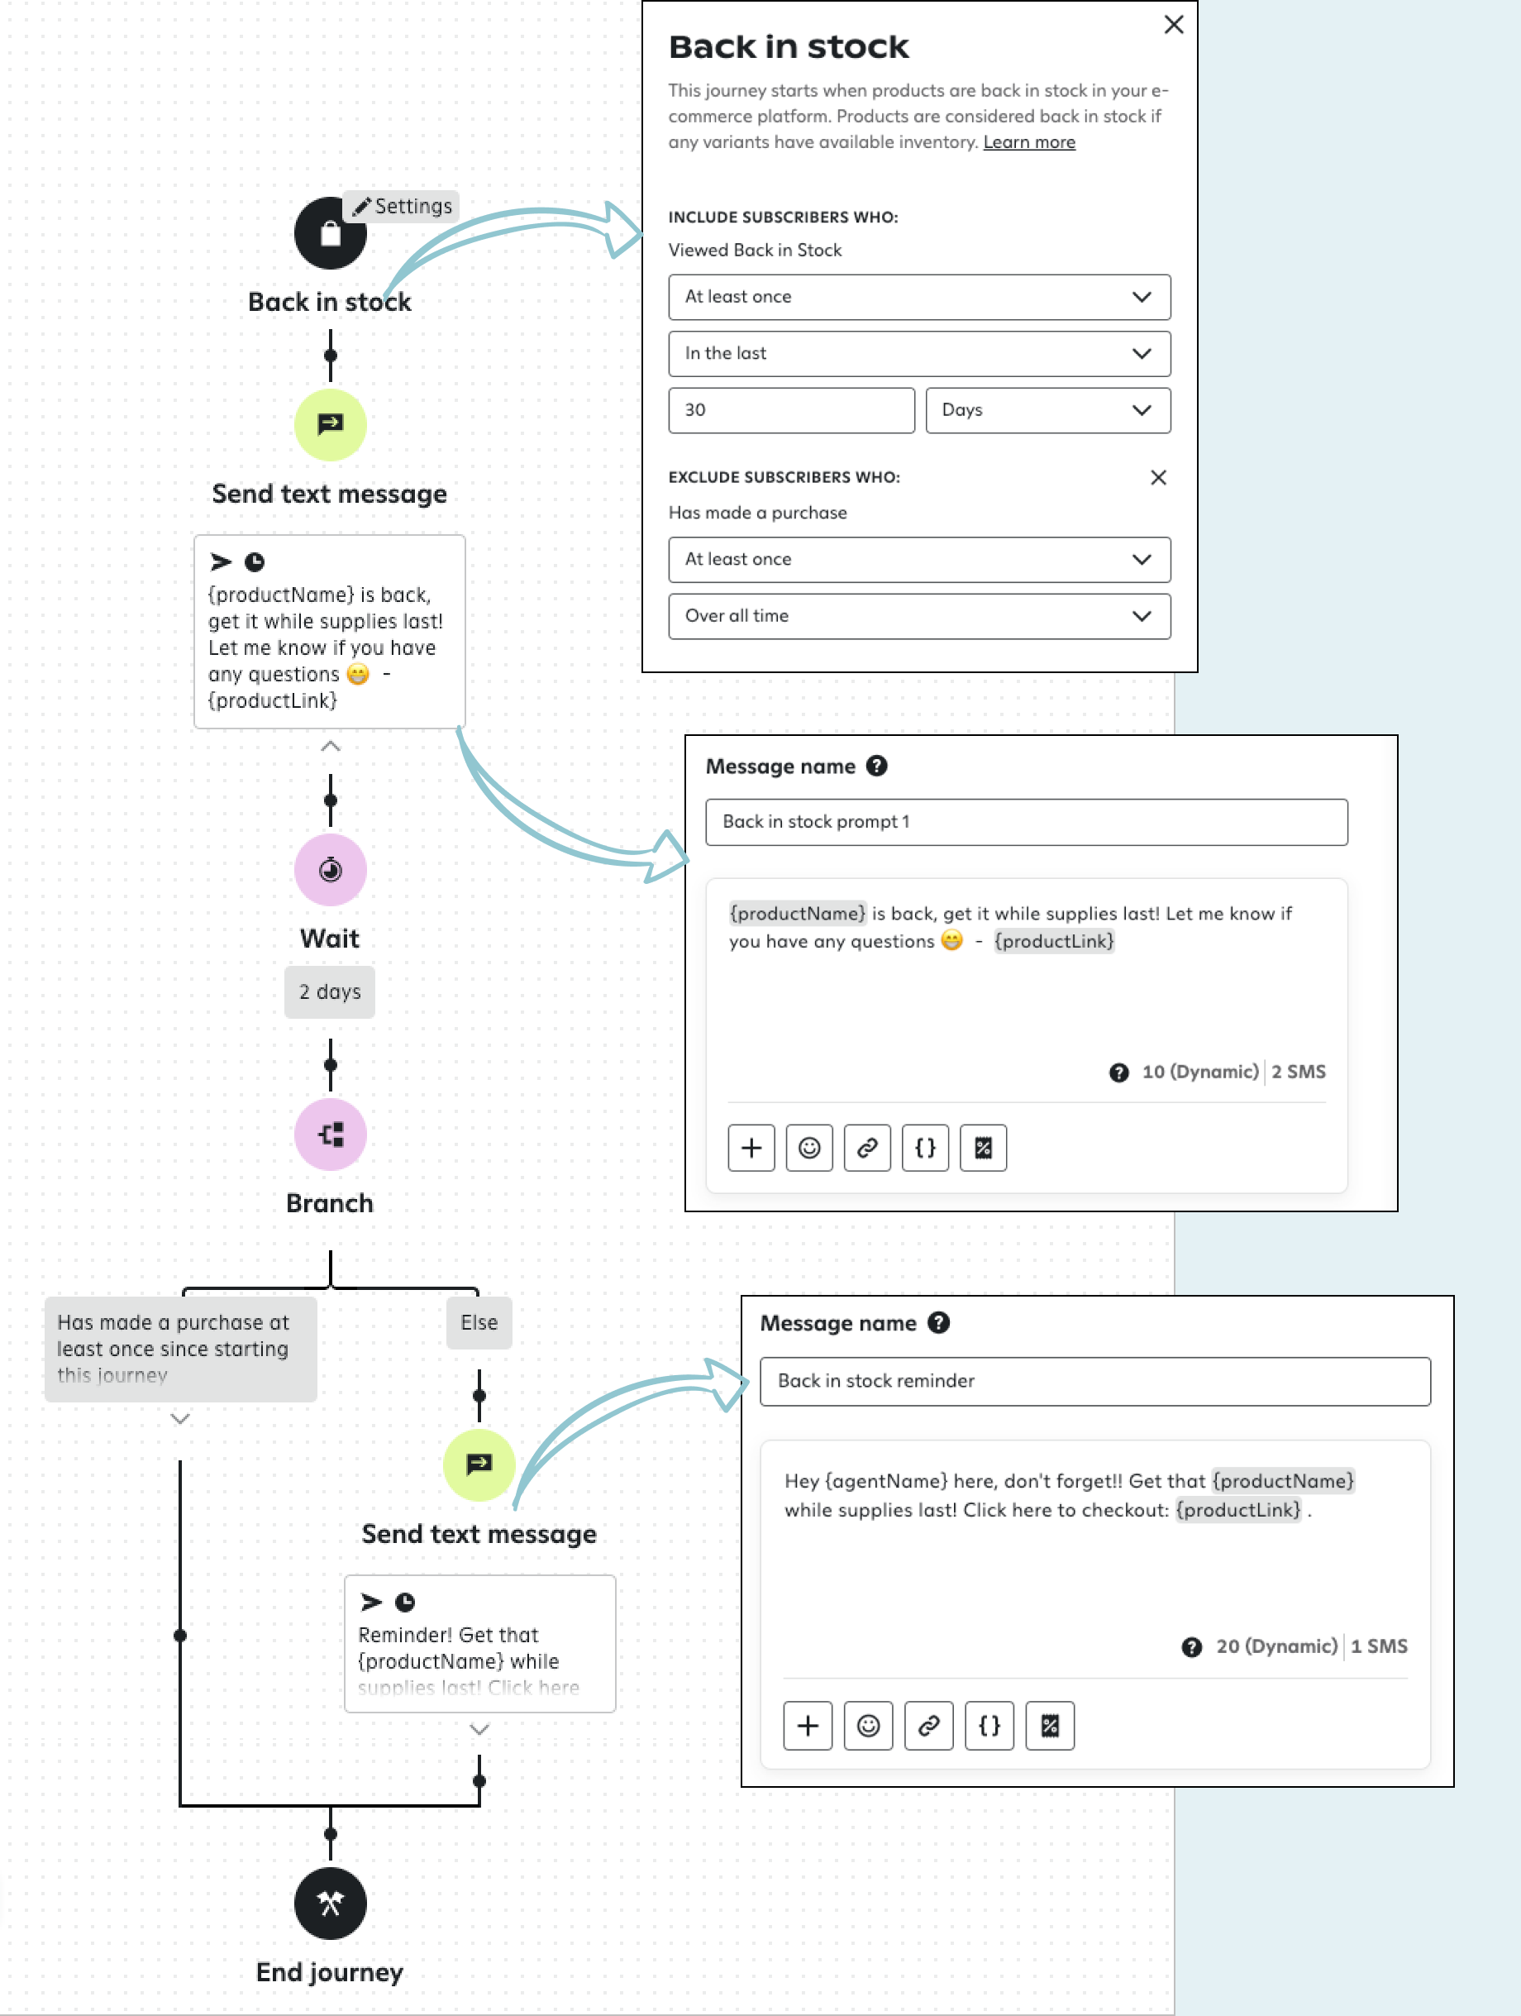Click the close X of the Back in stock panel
1174,25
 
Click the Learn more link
1029,142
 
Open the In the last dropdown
918,354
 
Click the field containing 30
791,410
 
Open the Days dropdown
1048,410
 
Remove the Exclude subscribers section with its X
1158,478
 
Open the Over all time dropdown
918,616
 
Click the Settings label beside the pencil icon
412,206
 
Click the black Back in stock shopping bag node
330,233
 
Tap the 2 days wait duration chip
330,991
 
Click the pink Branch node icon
330,1135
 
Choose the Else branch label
479,1322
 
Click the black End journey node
330,1903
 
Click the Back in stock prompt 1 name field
1026,822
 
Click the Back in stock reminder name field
1094,1381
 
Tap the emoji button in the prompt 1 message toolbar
809,1148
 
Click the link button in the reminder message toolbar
928,1725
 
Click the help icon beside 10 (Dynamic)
1119,1072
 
